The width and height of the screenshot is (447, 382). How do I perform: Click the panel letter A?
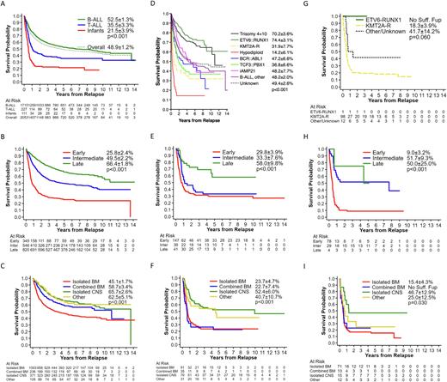(x=5, y=5)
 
